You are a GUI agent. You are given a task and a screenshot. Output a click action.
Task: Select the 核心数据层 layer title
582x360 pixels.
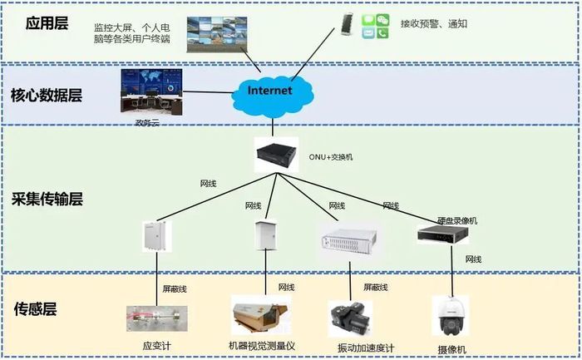point(47,95)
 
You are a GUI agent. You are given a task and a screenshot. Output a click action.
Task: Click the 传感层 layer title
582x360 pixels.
point(35,309)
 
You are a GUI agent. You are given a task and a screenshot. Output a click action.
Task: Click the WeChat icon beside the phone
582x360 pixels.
point(382,18)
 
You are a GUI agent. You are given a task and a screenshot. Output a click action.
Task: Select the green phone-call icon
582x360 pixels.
point(382,33)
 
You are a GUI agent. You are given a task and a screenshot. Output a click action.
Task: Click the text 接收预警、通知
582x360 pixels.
point(433,23)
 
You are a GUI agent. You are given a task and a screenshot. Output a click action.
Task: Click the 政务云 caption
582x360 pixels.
point(146,122)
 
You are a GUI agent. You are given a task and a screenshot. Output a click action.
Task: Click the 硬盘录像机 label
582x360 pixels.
point(456,221)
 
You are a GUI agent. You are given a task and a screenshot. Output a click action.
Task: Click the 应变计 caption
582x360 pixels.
point(156,346)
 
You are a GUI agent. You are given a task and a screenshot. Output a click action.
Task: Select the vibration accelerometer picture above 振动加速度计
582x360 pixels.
point(349,318)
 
